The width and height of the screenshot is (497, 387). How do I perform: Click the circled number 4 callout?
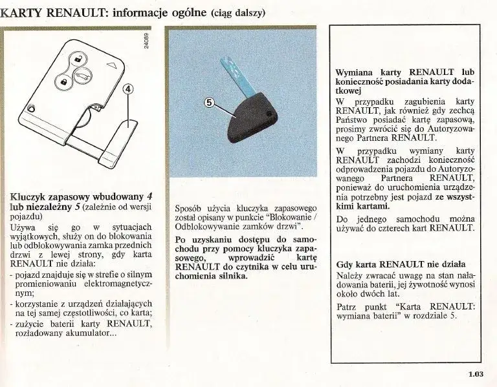coord(128,90)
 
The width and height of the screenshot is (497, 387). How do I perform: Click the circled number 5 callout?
coord(209,101)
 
